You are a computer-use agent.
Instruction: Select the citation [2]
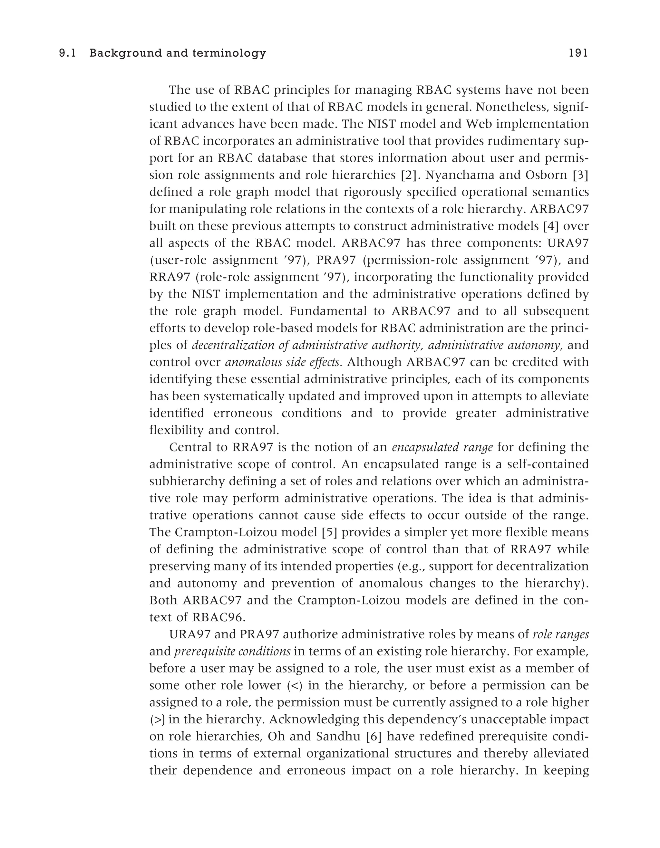click(x=408, y=175)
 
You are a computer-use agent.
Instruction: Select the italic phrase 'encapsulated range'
click(x=442, y=447)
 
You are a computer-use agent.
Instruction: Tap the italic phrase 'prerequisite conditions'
click(x=232, y=652)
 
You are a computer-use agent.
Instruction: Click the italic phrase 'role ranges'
click(x=560, y=634)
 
